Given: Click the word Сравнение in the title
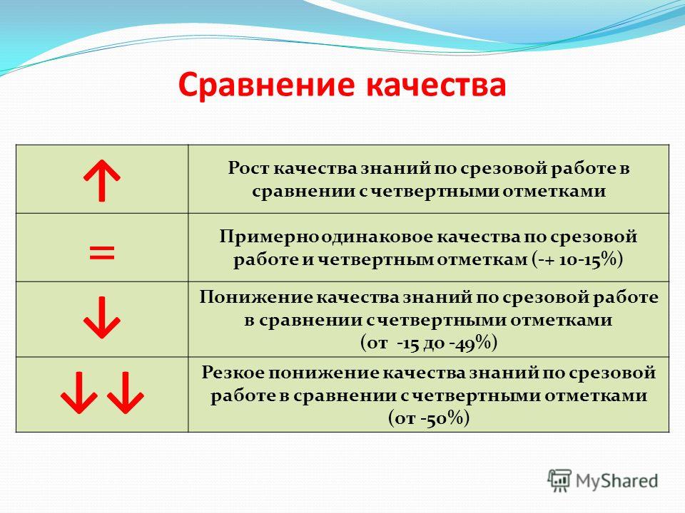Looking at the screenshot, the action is pos(266,85).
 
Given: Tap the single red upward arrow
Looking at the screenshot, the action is pos(102,180).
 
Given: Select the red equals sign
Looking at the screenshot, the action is pos(102,252).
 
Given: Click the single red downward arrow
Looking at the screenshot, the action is pos(102,318).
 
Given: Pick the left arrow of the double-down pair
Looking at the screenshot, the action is pos(79,393).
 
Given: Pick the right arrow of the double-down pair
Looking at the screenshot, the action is pos(126,393).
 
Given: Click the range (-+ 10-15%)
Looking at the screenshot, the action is pos(577,259).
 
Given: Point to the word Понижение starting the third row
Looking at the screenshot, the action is pos(255,298).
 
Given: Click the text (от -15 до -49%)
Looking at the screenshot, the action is pos(429,343).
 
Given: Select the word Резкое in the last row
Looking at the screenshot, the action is pos(233,373).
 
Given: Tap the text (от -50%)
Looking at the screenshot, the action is pos(429,418).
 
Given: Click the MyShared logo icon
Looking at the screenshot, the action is pos(559,481).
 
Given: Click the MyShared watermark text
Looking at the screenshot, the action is pos(616,481).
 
